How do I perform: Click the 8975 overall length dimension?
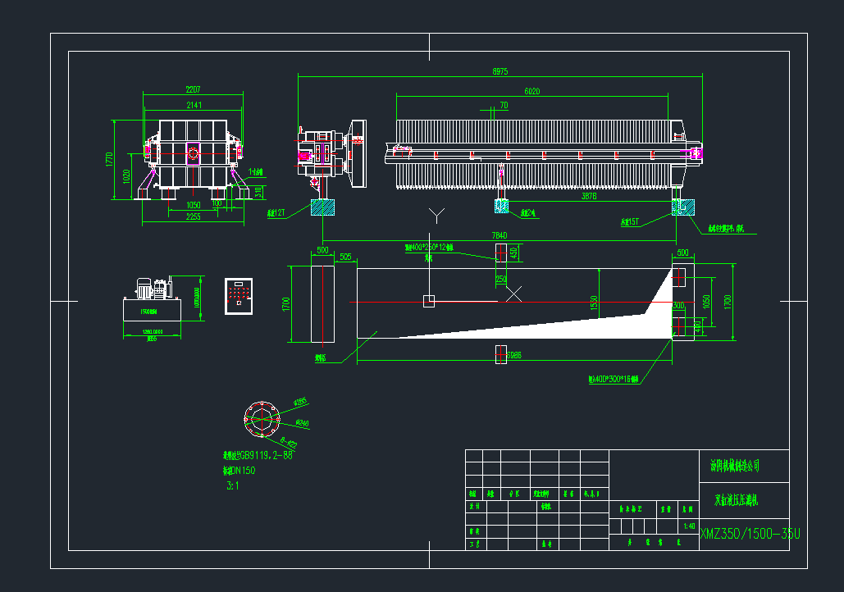click(x=500, y=72)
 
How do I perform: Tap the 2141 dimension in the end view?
click(x=194, y=105)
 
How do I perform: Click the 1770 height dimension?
click(x=109, y=159)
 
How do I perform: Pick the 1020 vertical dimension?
click(x=125, y=175)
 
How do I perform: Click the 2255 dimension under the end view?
click(x=194, y=217)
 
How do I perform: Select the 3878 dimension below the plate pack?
click(x=589, y=197)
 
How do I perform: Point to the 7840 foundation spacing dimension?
click(x=500, y=236)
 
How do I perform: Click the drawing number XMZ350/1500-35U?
click(x=750, y=535)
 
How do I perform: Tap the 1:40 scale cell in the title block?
click(x=689, y=526)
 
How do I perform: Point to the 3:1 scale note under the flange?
click(x=232, y=485)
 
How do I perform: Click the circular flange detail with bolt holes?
click(x=262, y=419)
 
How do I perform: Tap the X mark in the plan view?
click(x=513, y=293)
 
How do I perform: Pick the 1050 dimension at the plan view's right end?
click(x=705, y=301)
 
